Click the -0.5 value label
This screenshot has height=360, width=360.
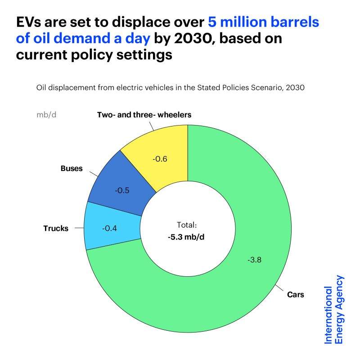coord(122,190)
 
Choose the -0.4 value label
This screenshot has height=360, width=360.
coord(110,228)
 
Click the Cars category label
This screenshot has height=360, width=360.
coord(296,295)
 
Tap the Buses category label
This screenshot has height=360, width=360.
coord(72,169)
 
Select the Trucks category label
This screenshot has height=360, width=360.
coord(56,228)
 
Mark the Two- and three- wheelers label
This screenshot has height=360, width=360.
coord(144,115)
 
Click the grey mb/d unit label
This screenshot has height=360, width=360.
coord(46,114)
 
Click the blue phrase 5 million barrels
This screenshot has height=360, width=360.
coord(264,22)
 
